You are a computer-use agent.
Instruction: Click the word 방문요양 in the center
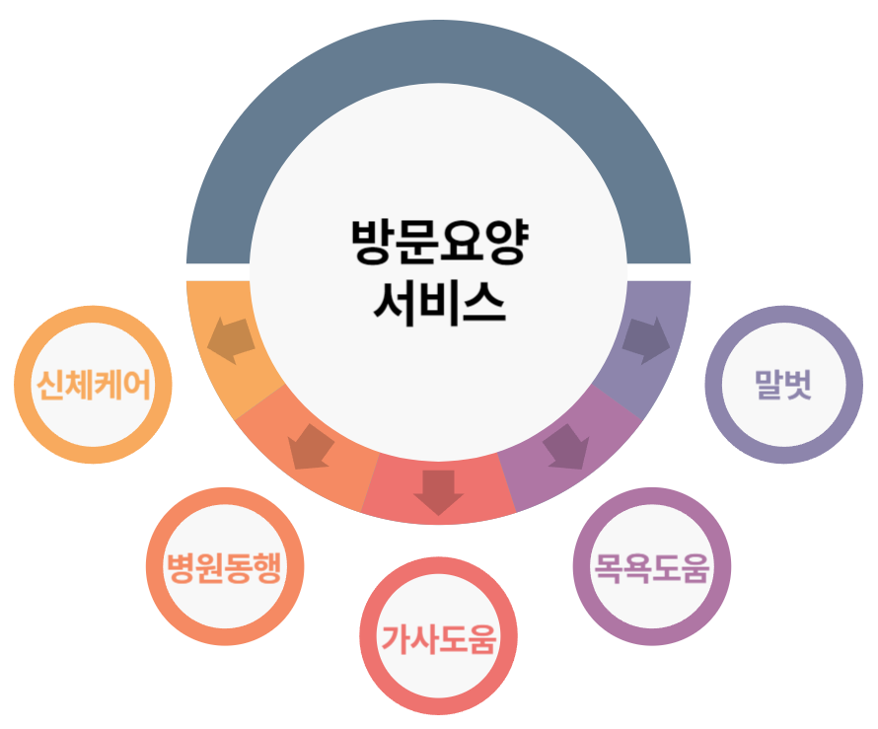pos(439,243)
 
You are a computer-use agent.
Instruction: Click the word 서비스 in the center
pos(439,301)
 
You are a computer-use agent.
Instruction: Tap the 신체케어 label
pos(94,384)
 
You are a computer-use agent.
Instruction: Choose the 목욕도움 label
pos(651,567)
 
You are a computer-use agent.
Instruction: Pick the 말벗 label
pos(782,384)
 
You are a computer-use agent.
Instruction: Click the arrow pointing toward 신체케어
pos(231,337)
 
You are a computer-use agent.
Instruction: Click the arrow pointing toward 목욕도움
pos(566,447)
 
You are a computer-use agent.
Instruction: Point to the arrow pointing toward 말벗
pos(646,338)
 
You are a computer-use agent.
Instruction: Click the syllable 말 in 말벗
pos(768,384)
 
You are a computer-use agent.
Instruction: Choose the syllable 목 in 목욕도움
pos(607,567)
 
